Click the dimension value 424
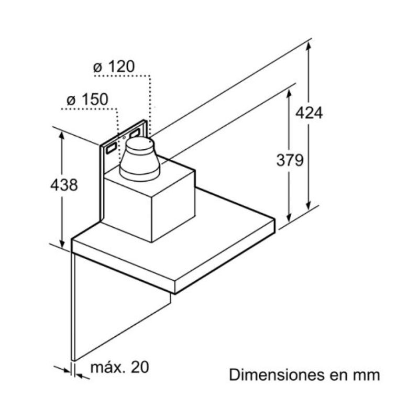coord(309,112)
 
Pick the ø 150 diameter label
coord(86,99)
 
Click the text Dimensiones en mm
coord(304,376)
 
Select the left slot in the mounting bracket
coord(112,149)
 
